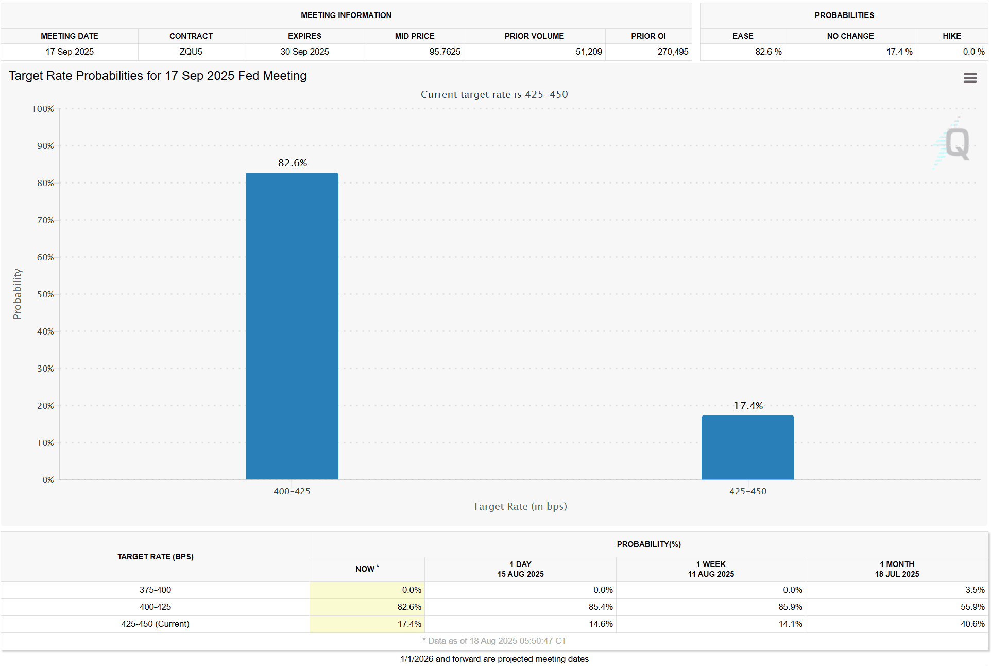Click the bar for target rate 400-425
pos(292,326)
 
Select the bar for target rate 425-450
pos(747,447)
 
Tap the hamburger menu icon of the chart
pos(970,78)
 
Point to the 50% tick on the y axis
pos(45,294)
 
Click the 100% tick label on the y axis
pos(43,109)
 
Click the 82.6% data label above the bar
pos(293,163)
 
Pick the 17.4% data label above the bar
pos(748,406)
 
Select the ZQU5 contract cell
pos(191,52)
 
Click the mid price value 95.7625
pos(445,52)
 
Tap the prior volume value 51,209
pos(588,52)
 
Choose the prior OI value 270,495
pos(672,52)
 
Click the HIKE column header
pos(951,36)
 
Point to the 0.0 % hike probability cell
pos(973,52)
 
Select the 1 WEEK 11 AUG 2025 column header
pos(711,569)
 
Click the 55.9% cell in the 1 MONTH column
pos(972,607)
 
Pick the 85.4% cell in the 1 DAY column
pos(600,607)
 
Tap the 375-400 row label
pos(155,590)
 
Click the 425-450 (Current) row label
pos(155,624)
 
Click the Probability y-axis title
pos(17,294)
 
